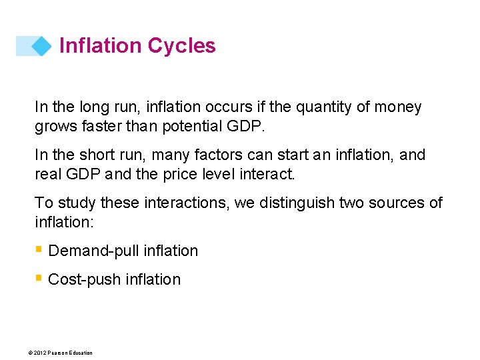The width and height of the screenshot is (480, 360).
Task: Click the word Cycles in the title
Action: (x=182, y=45)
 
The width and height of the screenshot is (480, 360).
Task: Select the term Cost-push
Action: (x=81, y=279)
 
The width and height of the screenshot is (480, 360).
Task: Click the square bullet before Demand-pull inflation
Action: (x=39, y=250)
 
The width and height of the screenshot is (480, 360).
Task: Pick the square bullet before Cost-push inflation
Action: (x=39, y=279)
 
